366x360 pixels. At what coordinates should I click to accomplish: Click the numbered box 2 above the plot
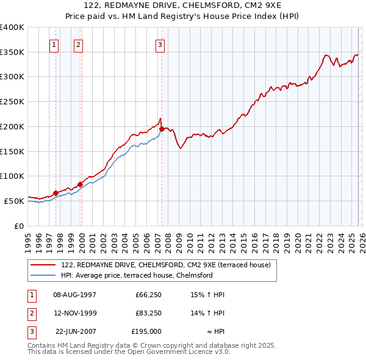point(79,44)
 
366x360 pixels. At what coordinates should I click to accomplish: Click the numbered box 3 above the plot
point(160,44)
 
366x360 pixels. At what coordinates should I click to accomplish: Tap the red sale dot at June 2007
point(162,129)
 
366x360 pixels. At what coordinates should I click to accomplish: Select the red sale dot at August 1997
point(56,193)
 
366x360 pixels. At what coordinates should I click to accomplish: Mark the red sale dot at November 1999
point(80,184)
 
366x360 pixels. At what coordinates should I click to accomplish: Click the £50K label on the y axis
point(15,201)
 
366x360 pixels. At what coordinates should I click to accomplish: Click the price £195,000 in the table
point(147,331)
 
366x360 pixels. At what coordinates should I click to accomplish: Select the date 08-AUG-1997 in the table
point(75,295)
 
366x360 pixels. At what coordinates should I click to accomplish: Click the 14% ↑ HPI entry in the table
point(208,313)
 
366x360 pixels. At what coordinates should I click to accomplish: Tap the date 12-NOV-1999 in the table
point(75,313)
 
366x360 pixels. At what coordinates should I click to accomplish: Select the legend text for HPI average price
point(137,275)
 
